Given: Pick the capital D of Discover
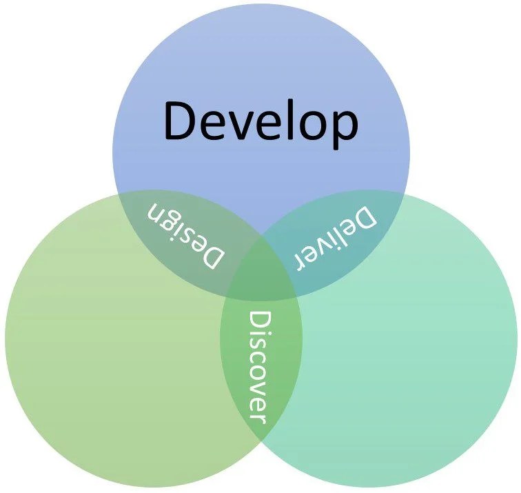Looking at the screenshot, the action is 258,321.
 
